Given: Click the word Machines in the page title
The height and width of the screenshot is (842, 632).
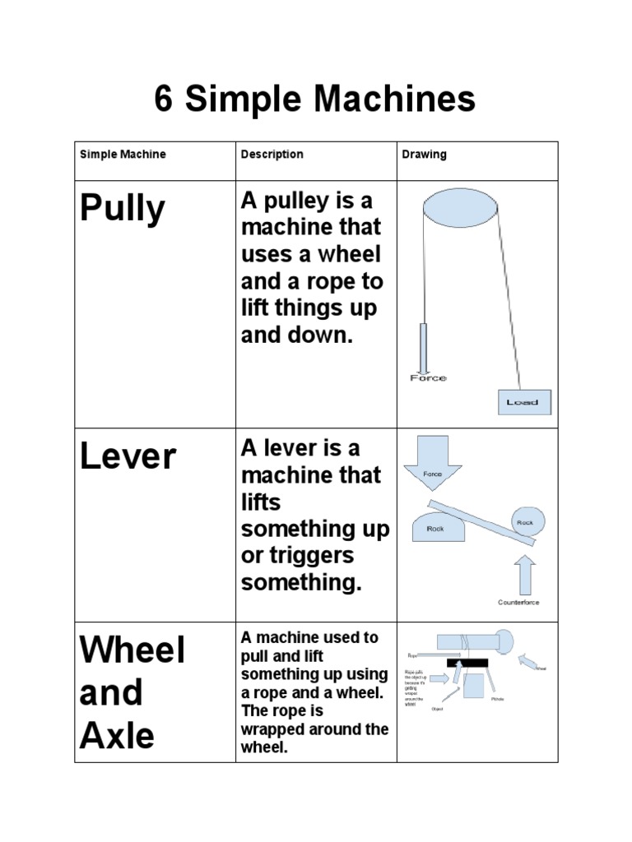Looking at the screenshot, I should [396, 100].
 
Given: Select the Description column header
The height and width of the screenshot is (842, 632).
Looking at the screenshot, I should [272, 155].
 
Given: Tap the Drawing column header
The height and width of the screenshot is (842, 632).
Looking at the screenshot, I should [424, 155].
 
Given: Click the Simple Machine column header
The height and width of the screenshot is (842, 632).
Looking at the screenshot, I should [123, 155].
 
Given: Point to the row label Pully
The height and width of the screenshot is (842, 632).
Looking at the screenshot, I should [122, 210].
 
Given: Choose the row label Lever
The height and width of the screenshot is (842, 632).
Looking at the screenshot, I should [128, 457].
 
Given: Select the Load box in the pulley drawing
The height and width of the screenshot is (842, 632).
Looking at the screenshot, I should [523, 402].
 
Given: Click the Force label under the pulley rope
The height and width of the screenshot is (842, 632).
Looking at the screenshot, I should [428, 378].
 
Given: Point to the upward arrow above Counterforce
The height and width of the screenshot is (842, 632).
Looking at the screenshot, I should [524, 574].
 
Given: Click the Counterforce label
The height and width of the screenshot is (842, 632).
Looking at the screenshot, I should [518, 603].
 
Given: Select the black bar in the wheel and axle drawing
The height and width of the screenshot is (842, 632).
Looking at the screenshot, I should [467, 662].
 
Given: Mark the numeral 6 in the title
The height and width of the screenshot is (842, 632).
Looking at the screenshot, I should [165, 100].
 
